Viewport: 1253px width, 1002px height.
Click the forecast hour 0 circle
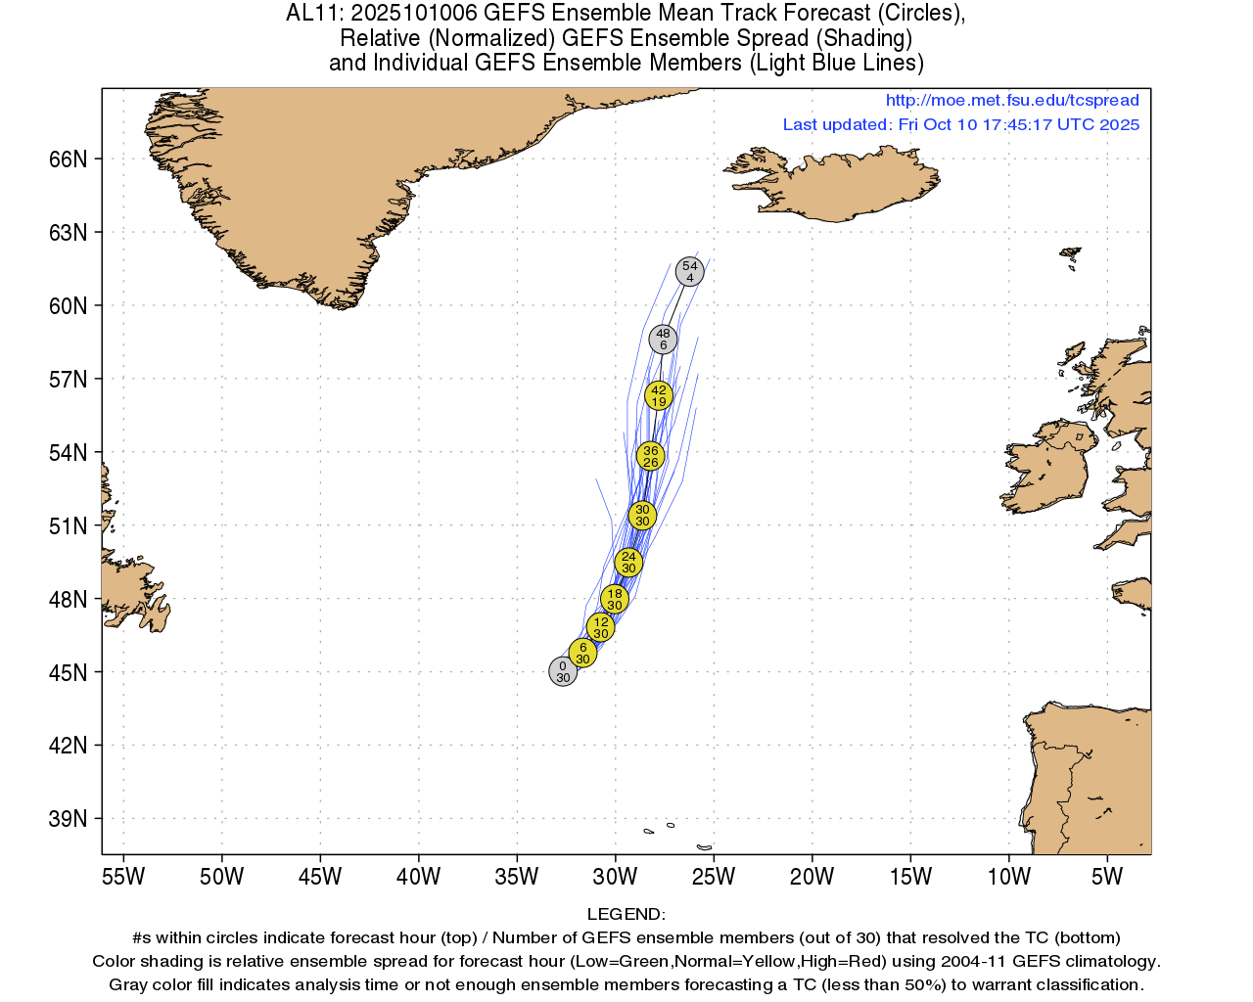(x=563, y=671)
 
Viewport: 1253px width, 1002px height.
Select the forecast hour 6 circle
(x=582, y=653)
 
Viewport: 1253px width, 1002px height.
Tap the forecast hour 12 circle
(x=601, y=627)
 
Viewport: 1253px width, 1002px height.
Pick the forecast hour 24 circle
(x=628, y=562)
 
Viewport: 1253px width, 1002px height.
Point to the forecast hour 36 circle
(x=650, y=456)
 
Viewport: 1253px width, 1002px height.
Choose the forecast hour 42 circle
(x=659, y=395)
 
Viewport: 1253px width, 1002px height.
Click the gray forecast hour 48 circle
(x=663, y=340)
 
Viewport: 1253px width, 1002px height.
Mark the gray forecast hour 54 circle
(x=690, y=271)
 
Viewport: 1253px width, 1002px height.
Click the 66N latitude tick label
(x=68, y=159)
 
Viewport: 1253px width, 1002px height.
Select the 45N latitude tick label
(x=68, y=672)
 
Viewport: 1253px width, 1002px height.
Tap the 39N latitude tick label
(x=68, y=819)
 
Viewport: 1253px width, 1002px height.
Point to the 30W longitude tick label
(x=615, y=877)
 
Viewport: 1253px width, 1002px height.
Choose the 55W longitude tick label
(x=123, y=877)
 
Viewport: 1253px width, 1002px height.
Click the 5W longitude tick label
(x=1107, y=877)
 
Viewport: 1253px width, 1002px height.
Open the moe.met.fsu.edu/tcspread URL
(x=1012, y=100)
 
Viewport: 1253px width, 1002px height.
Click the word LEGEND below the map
(x=626, y=915)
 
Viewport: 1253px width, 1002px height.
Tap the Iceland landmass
(x=842, y=186)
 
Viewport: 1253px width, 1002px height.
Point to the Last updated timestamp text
(x=960, y=124)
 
